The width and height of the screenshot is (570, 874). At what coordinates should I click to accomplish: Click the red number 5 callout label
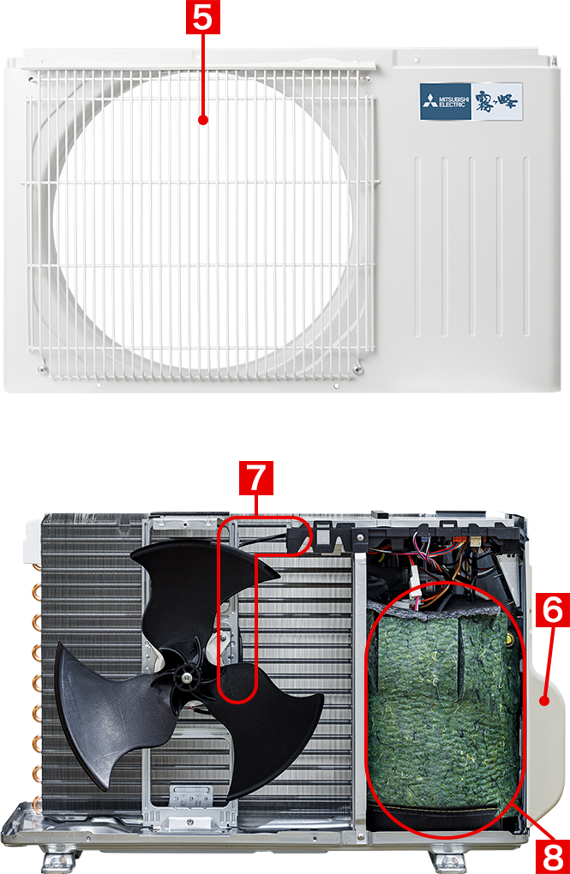202,17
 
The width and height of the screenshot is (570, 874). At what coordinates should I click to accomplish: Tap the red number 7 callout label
256,477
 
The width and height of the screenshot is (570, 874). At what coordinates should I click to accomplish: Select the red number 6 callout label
552,610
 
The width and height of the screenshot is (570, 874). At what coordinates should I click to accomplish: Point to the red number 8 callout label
552,857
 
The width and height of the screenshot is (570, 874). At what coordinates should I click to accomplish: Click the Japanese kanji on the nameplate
496,101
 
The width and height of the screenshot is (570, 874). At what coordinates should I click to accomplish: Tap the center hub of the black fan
184,678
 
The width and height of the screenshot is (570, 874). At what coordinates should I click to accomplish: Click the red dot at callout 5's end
203,120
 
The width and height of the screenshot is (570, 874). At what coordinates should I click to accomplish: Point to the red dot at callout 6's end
545,701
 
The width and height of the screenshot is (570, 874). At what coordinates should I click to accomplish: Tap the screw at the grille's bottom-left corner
42,369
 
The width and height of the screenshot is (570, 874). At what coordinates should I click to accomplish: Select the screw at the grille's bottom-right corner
357,368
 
